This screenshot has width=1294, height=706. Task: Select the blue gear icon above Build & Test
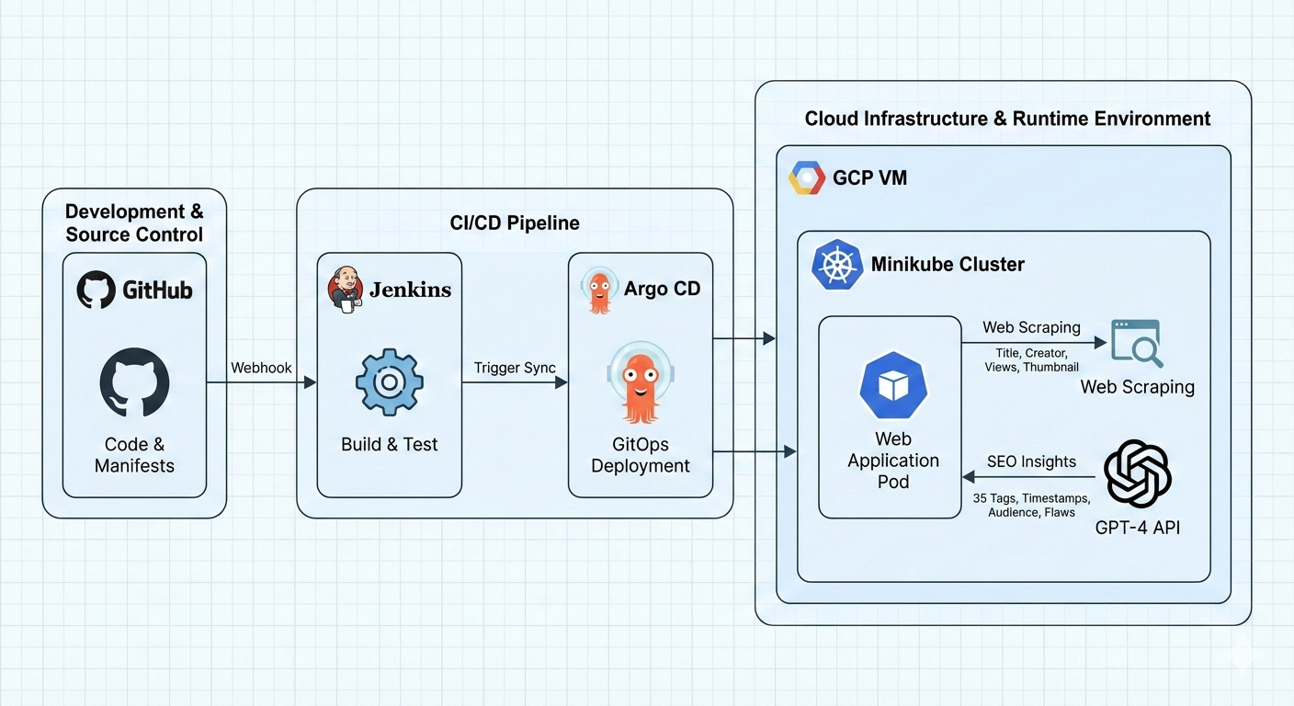tap(389, 382)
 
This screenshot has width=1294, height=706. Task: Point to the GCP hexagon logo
tap(806, 177)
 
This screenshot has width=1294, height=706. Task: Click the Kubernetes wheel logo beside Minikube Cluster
tap(836, 265)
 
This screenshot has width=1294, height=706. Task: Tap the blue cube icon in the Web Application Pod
tap(892, 385)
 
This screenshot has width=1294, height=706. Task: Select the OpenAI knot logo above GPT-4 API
tap(1137, 474)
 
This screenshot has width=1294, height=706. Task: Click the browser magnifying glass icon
tap(1137, 343)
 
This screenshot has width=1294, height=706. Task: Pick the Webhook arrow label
tap(261, 368)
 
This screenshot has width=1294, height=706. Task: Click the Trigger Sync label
tap(515, 368)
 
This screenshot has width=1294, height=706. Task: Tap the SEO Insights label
tap(1031, 461)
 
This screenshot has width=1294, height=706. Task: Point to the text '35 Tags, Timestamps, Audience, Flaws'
tap(1031, 505)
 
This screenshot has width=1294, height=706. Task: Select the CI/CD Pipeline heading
tap(515, 223)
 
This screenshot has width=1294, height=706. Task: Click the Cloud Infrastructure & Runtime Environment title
tap(1007, 119)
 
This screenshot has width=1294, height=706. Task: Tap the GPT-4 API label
tap(1137, 528)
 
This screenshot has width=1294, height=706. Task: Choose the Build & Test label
tap(389, 444)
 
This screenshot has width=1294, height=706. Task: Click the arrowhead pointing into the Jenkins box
tap(311, 381)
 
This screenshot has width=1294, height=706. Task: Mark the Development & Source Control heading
tap(134, 223)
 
